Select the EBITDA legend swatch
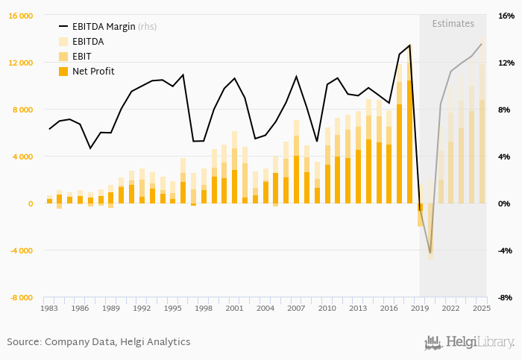pos(63,41)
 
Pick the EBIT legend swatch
pos(63,56)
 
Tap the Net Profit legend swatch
pos(63,71)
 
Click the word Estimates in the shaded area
pos(453,24)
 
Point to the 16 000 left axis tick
pos(20,16)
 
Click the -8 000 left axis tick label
pos(20,297)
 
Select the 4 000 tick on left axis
pos(22,157)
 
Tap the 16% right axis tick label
pos(505,16)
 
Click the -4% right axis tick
pos(505,250)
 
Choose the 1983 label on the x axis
pos(49,308)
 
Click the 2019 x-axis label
pos(419,308)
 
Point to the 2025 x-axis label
pos(481,308)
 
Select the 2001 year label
pos(234,308)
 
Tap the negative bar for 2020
pos(430,231)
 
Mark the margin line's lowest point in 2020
pos(430,253)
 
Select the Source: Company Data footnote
pos(98,341)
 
